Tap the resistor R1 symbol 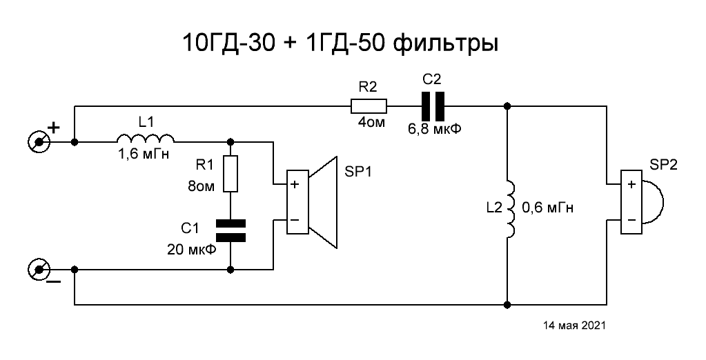click(230, 174)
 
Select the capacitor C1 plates click(230, 230)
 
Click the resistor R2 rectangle click(369, 106)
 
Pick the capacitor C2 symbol click(433, 106)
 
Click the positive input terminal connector click(39, 142)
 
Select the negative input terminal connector click(39, 268)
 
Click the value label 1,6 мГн click(144, 157)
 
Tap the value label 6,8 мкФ click(435, 128)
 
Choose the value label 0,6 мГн click(549, 207)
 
